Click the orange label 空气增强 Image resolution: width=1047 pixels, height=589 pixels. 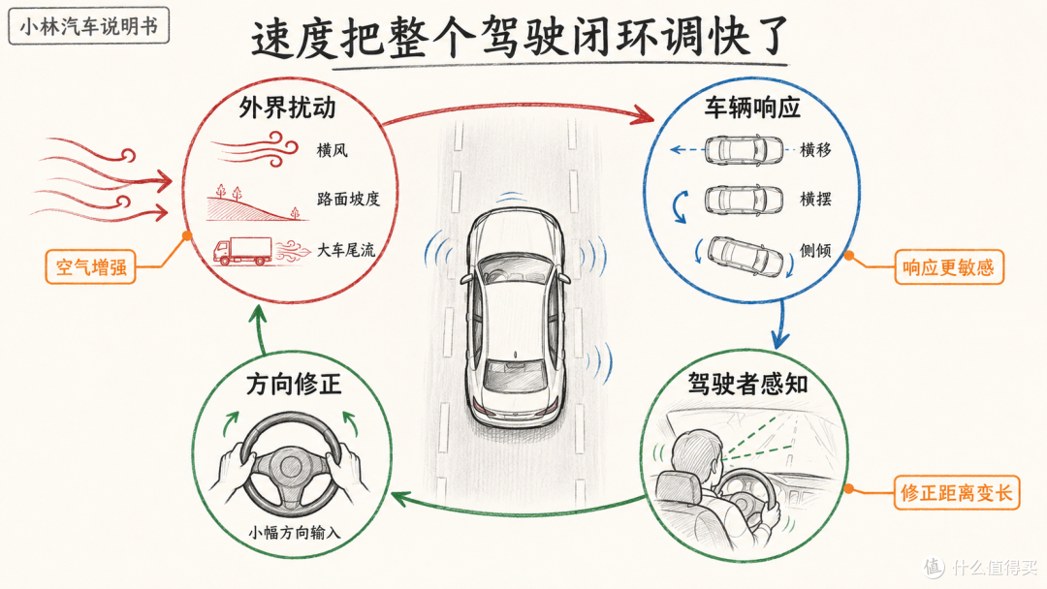point(91,266)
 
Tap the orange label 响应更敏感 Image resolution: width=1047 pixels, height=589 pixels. point(949,267)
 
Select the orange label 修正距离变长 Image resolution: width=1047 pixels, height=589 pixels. point(957,493)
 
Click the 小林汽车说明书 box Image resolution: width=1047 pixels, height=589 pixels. point(89,26)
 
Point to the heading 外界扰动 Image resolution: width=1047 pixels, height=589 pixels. point(287,108)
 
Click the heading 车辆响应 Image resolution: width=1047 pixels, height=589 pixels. point(752,108)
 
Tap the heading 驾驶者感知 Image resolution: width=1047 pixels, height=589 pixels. point(747,384)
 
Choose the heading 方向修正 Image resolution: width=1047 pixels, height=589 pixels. point(294,384)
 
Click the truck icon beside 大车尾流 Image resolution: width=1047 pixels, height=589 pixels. point(241,252)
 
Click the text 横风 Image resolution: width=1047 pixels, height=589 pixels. point(332,150)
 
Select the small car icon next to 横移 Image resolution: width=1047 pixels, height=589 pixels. point(744,150)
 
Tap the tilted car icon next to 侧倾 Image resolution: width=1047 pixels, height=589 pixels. point(746,256)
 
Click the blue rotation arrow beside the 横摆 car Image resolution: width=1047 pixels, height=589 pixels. point(681,206)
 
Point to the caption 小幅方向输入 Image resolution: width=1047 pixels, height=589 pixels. point(295,532)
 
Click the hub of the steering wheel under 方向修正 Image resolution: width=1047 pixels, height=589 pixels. point(290,466)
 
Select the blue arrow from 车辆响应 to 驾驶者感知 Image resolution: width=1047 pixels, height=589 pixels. point(780,325)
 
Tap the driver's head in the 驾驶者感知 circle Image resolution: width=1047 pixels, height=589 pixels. point(694,455)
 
